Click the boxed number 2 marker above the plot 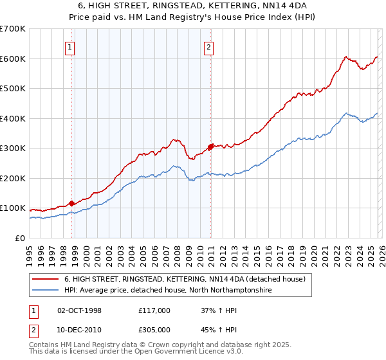209,46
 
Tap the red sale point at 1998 71,203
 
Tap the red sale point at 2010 210,147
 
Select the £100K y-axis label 13,208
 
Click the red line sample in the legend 45,279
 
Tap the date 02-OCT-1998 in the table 80,310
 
